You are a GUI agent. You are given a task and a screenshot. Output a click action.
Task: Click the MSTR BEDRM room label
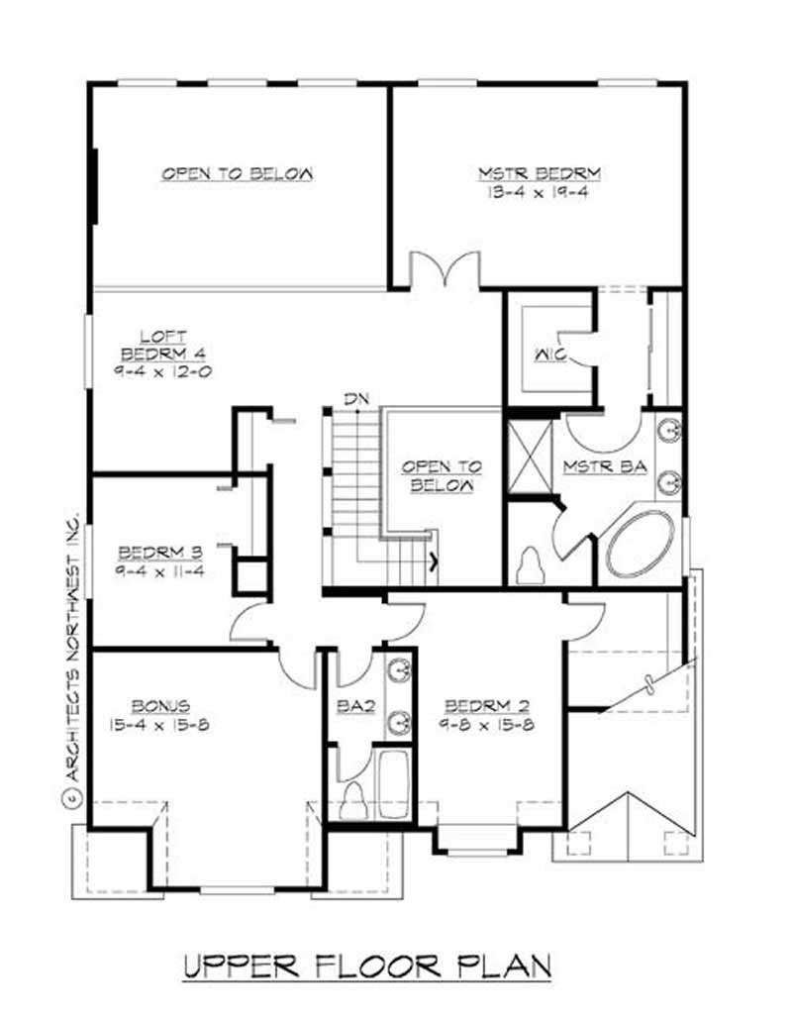pos(540,173)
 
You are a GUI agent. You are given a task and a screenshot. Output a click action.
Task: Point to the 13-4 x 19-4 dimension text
pos(540,193)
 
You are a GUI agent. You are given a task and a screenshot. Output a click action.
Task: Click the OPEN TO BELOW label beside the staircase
pos(442,475)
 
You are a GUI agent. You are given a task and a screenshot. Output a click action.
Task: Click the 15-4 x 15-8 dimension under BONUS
pos(158,725)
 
